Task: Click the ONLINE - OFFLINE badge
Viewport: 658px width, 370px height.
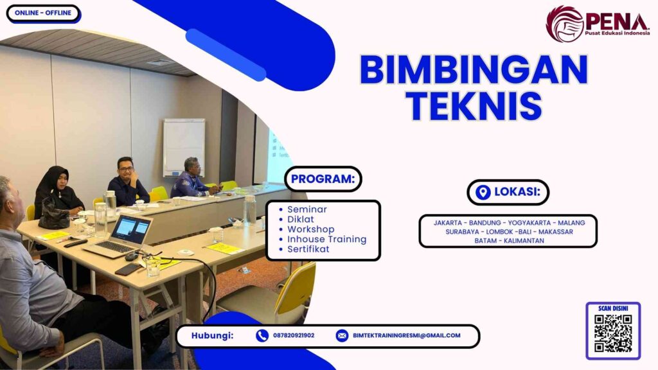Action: [42, 13]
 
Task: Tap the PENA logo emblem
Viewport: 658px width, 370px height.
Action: [564, 24]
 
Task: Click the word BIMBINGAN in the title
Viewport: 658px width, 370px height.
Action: [474, 69]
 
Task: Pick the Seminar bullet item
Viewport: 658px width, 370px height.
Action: [307, 209]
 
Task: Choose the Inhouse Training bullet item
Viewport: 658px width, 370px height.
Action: [326, 239]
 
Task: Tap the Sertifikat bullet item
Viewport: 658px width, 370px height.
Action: [308, 249]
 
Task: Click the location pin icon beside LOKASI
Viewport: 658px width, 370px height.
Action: [483, 192]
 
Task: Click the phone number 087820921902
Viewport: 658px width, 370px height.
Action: [294, 335]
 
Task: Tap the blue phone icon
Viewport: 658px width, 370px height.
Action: [262, 335]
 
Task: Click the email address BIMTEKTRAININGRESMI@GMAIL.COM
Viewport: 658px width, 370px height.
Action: [406, 335]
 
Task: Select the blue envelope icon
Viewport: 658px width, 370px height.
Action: [342, 335]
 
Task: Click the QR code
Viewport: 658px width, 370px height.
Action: [612, 333]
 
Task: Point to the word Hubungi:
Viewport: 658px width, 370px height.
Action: [212, 335]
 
